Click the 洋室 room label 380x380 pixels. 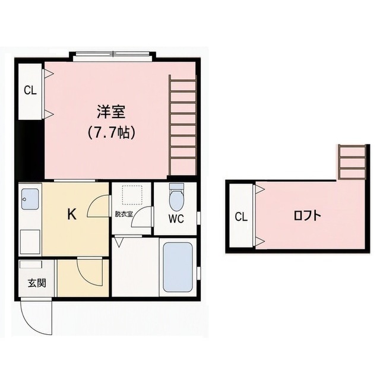111,112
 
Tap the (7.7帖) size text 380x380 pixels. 111,132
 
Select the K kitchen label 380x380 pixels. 72,214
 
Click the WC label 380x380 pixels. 176,219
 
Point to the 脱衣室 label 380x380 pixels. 124,214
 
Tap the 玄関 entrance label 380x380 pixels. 37,283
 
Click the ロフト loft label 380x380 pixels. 308,216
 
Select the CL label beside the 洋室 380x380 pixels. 30,91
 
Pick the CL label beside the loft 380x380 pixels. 241,217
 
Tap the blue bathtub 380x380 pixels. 178,267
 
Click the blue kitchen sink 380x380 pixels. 30,199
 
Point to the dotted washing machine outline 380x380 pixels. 132,195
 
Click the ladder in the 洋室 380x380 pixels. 182,125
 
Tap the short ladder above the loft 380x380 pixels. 352,162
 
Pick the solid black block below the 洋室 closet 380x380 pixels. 30,150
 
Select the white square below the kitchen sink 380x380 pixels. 30,242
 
